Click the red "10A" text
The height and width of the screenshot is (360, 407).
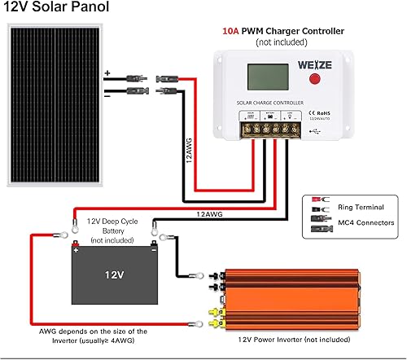point(232,31)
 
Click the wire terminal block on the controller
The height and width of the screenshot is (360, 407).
point(269,129)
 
